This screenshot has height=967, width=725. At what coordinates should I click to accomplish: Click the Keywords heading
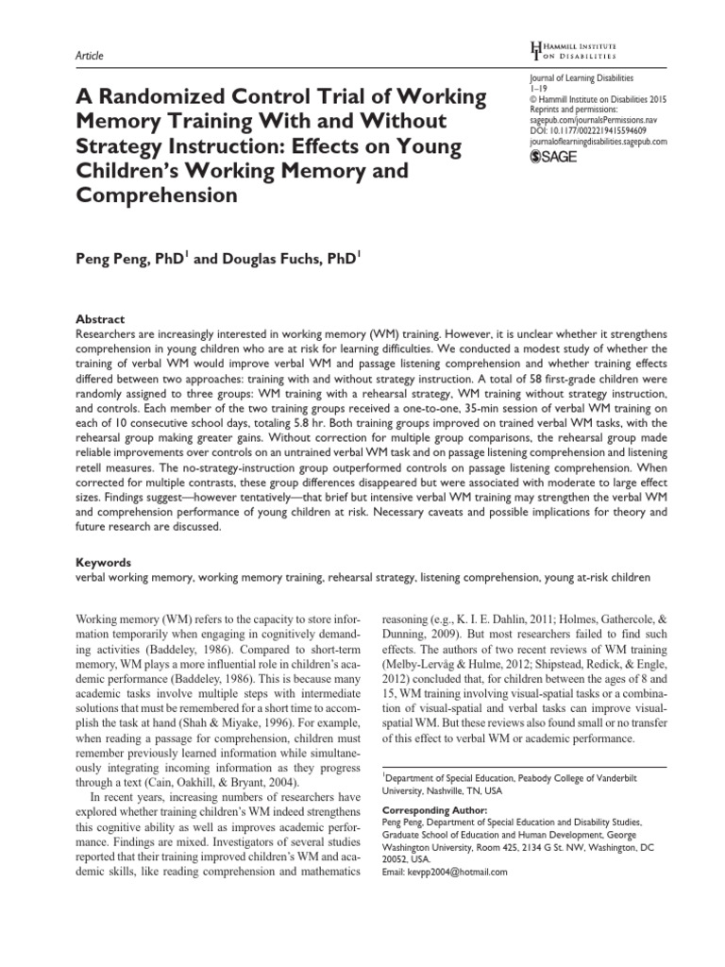coord(101,560)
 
